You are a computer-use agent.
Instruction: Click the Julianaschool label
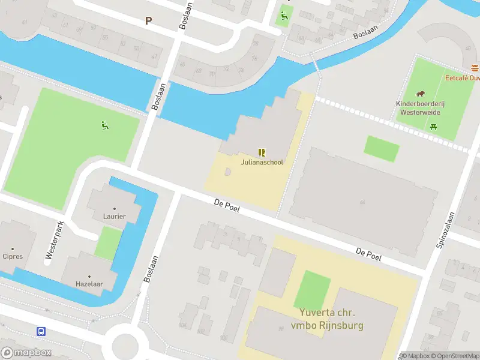[262, 162]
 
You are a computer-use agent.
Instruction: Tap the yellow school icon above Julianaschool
[262, 152]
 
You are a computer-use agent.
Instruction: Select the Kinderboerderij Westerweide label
[418, 107]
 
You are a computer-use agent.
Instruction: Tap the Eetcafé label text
[462, 77]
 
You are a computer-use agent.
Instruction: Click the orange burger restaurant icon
[475, 67]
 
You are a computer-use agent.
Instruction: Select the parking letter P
[148, 20]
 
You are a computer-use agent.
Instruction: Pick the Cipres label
[13, 256]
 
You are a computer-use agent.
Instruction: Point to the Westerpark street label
[53, 242]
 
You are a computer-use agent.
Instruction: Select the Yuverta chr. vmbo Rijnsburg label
[328, 319]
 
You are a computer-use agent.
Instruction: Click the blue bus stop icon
[41, 331]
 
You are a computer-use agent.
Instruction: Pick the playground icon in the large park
[105, 125]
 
